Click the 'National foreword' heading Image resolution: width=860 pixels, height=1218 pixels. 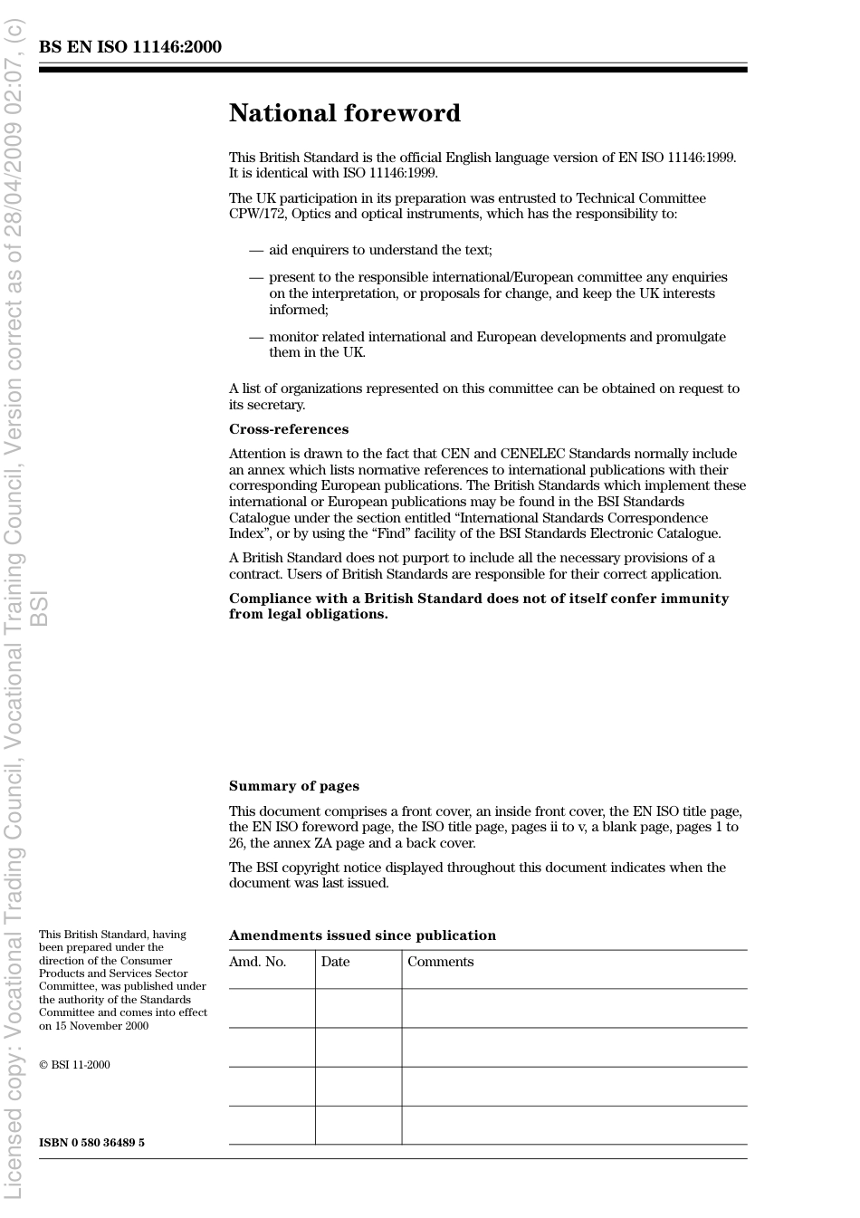(344, 113)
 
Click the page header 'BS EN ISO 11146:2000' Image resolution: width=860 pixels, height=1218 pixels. (129, 47)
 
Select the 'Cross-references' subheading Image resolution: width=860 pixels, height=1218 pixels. (288, 429)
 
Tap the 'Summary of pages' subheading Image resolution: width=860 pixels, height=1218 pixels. (293, 786)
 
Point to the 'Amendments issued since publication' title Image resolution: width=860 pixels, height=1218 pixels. (362, 935)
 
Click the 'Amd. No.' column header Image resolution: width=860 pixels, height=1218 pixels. (257, 962)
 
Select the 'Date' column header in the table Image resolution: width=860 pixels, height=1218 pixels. (335, 962)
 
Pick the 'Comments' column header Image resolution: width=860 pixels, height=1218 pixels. (440, 962)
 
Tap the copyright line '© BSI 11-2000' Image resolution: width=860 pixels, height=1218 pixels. (74, 1065)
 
